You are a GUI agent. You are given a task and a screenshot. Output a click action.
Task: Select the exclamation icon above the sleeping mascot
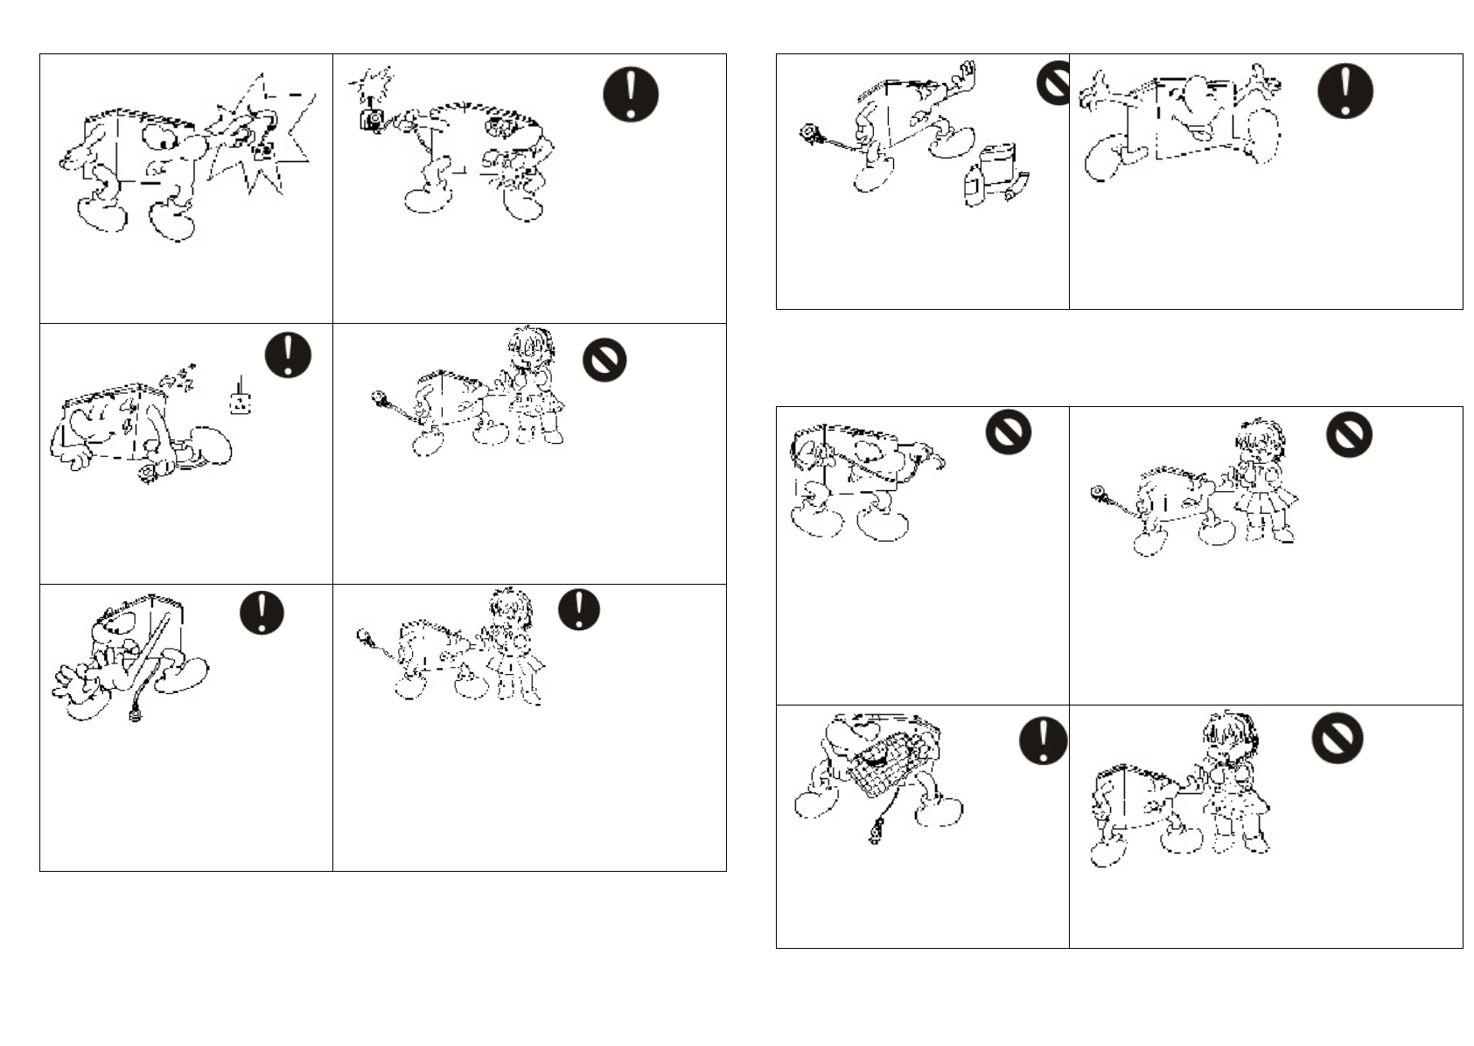[288, 356]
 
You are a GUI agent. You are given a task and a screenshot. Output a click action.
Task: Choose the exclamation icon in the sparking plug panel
[630, 94]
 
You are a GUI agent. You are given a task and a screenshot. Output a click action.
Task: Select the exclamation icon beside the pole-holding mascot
[262, 612]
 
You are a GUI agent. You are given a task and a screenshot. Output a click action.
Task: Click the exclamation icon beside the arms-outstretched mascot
[1345, 90]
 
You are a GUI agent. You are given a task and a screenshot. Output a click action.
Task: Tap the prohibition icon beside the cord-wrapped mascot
[1008, 432]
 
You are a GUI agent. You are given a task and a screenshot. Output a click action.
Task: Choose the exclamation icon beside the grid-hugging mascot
[1043, 741]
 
